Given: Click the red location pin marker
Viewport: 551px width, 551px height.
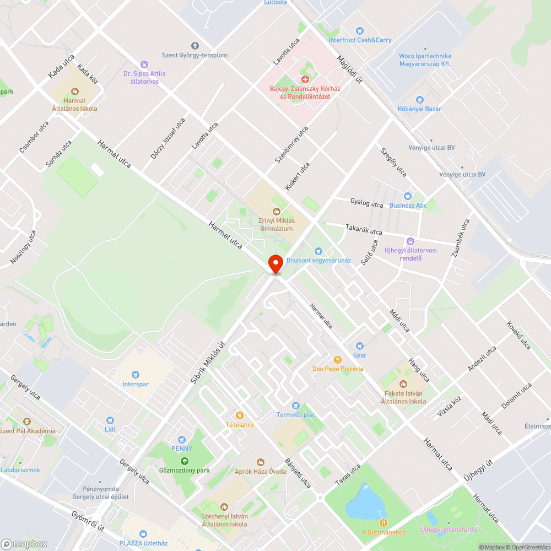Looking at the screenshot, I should (x=275, y=264).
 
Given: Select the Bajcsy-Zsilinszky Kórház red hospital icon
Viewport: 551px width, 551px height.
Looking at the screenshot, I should (x=305, y=80).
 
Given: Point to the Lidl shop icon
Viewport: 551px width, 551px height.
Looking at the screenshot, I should (x=110, y=420).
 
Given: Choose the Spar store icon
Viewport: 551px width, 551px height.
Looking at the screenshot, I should (x=359, y=346).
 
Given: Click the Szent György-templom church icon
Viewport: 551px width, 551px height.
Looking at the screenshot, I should (x=194, y=46).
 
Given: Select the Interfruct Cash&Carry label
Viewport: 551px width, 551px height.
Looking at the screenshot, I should (x=360, y=40).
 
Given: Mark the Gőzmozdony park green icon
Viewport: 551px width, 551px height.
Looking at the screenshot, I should (x=184, y=461).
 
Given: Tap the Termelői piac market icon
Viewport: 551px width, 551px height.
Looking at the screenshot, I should (x=295, y=405).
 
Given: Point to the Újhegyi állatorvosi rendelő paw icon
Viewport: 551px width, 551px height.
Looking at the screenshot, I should (x=410, y=241).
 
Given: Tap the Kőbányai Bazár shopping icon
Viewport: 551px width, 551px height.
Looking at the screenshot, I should (x=419, y=100).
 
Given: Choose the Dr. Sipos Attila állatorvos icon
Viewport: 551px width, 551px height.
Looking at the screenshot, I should (x=144, y=64).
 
